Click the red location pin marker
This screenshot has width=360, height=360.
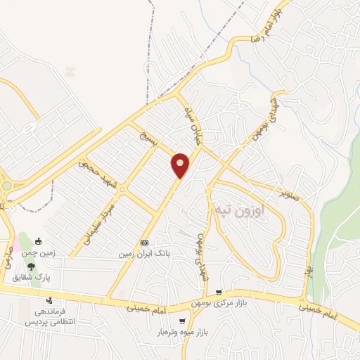(181, 165)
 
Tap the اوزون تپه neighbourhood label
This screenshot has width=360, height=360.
(238, 210)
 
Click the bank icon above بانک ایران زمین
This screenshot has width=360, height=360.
(144, 240)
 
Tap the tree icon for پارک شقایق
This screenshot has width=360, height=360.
(31, 266)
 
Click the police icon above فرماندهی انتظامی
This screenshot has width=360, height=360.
(49, 301)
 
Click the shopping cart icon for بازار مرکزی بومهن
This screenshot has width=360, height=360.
(220, 292)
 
